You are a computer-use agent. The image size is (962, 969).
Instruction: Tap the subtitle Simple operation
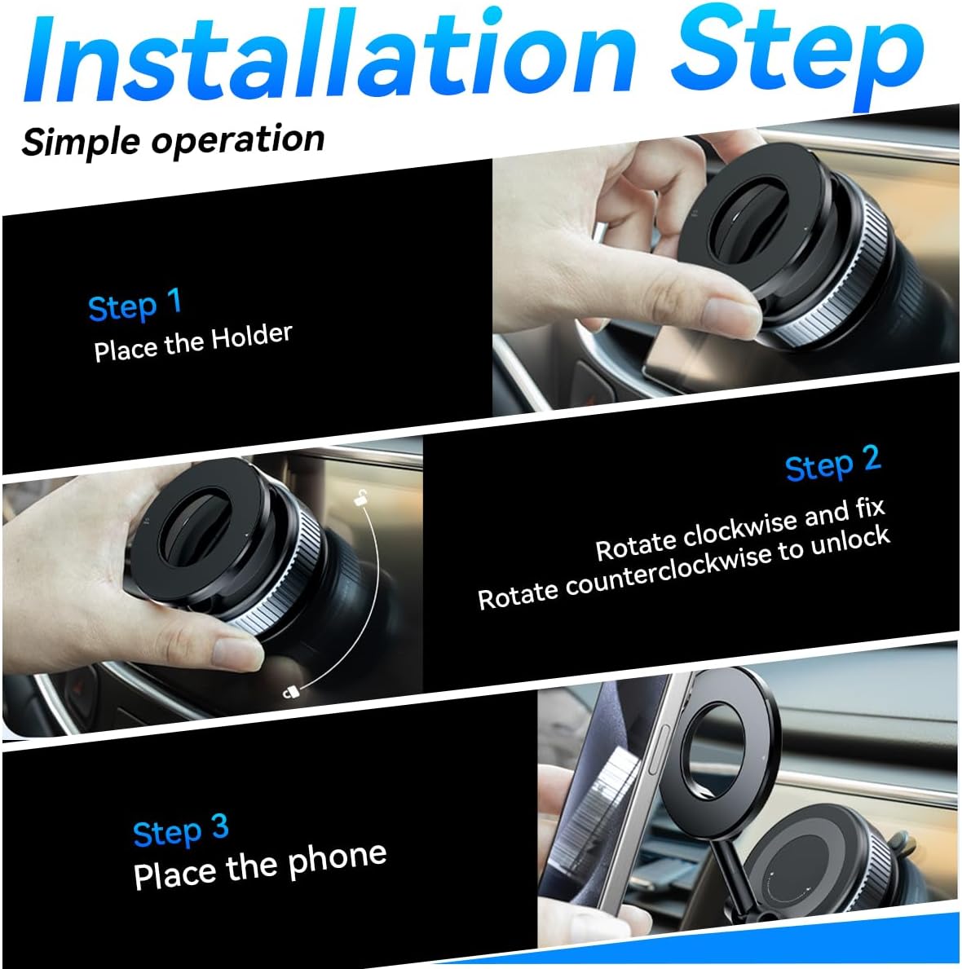pyautogui.click(x=173, y=140)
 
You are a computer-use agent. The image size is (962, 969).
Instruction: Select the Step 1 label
pyautogui.click(x=135, y=306)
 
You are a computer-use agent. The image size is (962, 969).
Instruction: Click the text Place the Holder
pyautogui.click(x=192, y=342)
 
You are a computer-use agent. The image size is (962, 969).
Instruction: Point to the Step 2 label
pyautogui.click(x=832, y=465)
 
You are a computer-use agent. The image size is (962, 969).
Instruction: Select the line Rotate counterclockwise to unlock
pyautogui.click(x=683, y=568)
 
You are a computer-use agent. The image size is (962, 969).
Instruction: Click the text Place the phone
pyautogui.click(x=259, y=865)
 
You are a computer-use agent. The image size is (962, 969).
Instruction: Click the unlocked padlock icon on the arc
pyautogui.click(x=360, y=499)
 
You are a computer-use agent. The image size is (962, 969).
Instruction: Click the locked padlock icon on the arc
pyautogui.click(x=290, y=691)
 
